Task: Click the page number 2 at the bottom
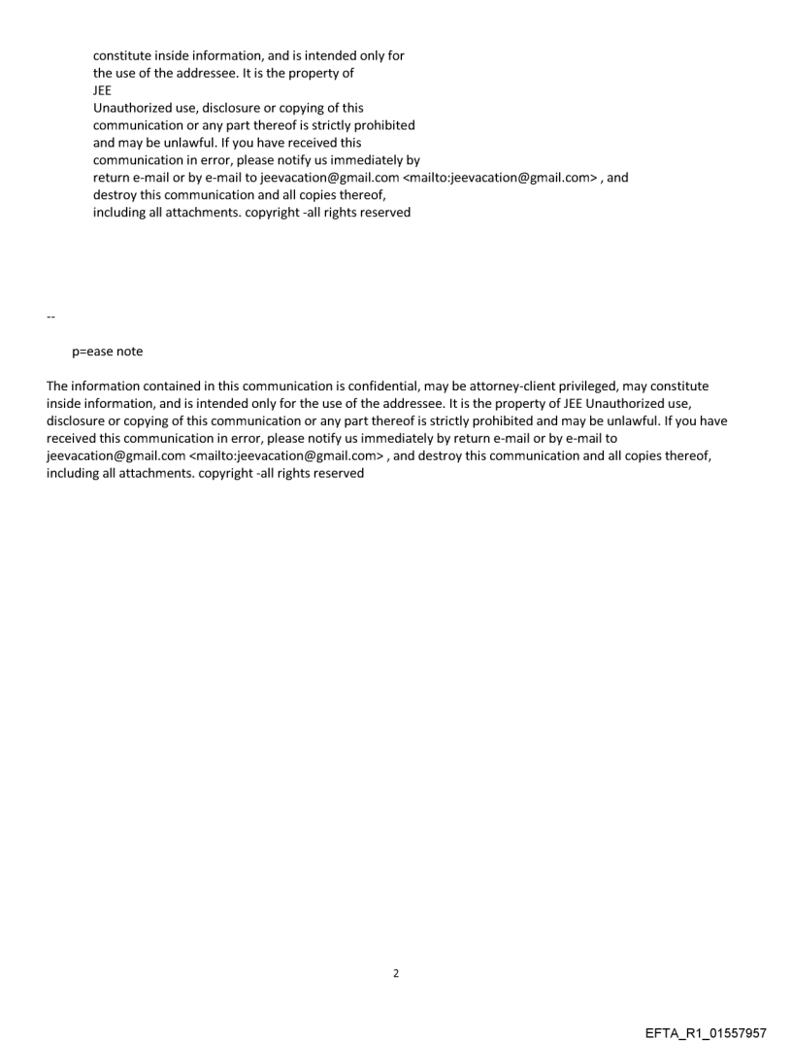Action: (395, 973)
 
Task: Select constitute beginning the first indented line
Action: (122, 55)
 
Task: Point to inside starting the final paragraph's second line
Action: (64, 404)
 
